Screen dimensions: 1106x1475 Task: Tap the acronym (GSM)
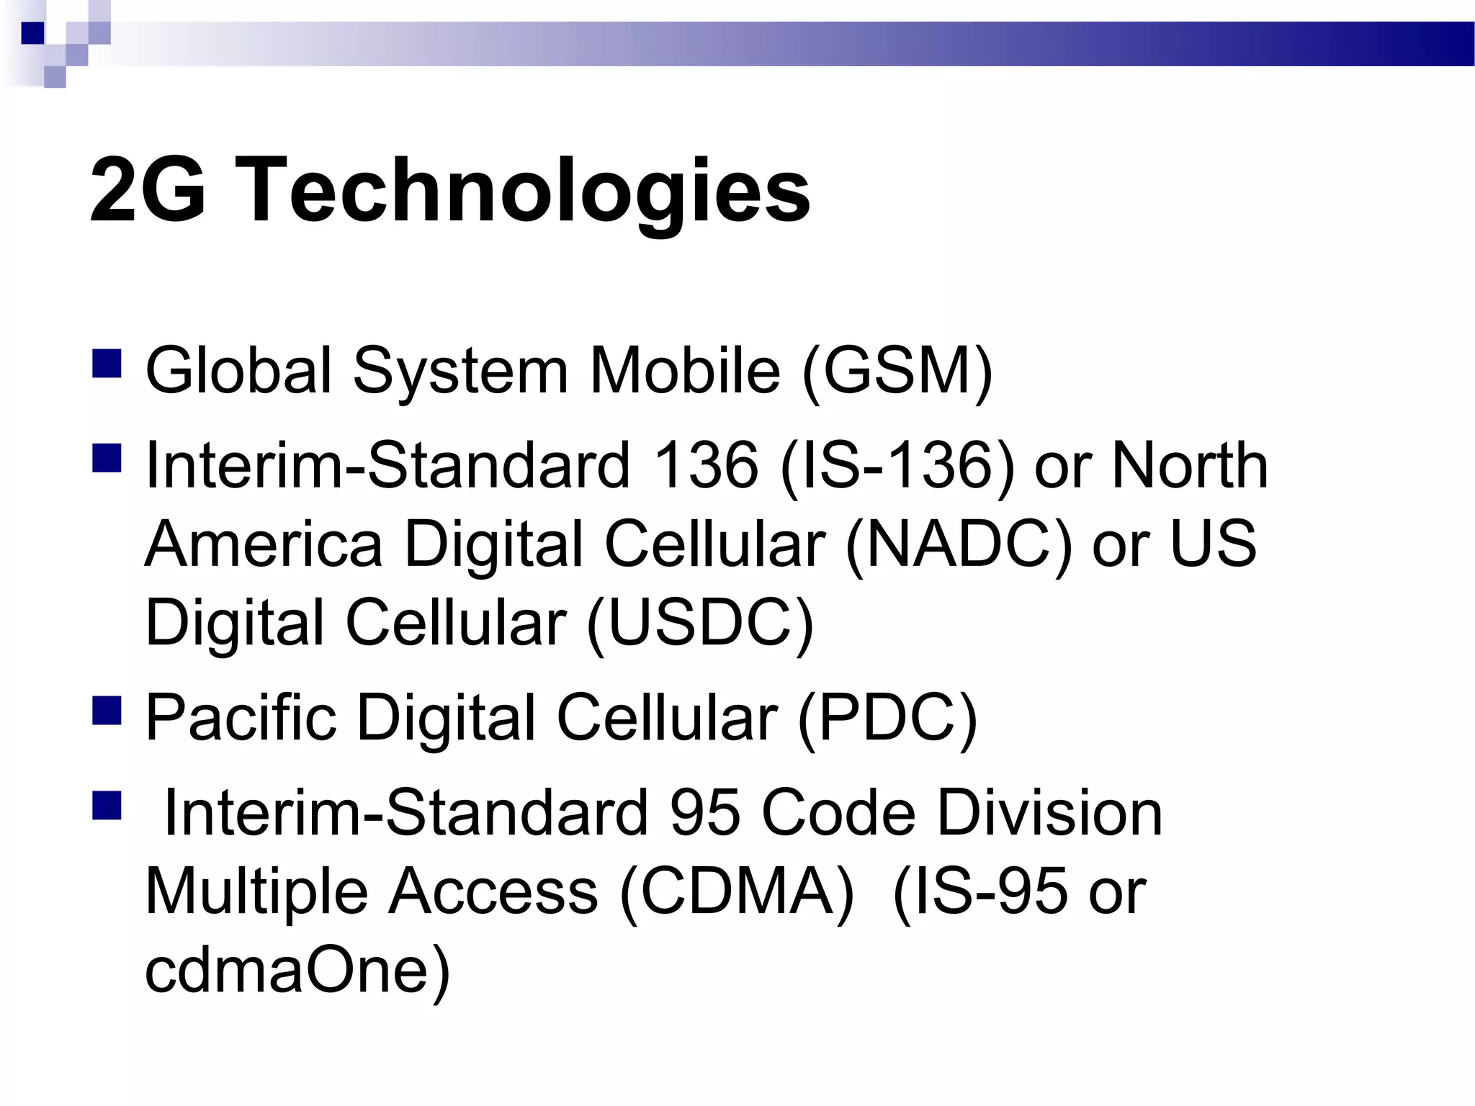897,371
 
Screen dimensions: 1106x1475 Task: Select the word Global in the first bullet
238,371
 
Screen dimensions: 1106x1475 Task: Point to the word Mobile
684,371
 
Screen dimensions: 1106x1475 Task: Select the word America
264,544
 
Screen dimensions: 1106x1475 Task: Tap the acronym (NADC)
959,544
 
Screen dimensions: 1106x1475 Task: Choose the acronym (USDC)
700,621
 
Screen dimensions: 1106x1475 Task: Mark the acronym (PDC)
887,717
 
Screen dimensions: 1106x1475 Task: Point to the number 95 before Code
704,812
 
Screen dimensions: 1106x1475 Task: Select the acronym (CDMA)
737,891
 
